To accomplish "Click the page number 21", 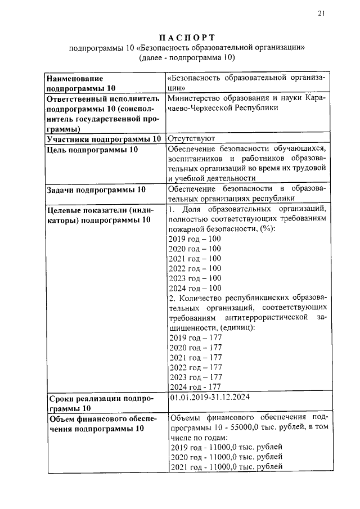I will (x=321, y=14).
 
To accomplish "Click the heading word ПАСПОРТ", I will (x=186, y=38).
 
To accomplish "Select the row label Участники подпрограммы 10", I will (x=104, y=138).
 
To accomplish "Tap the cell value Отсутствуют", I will (x=191, y=138).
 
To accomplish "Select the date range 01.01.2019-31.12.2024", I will (x=209, y=398).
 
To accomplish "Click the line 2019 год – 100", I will (x=195, y=238).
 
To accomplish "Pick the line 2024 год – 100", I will (x=195, y=288).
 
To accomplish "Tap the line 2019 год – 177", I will (x=195, y=337).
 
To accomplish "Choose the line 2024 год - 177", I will (x=195, y=387).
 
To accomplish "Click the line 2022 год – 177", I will (x=195, y=367).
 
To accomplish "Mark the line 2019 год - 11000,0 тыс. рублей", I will (x=225, y=447).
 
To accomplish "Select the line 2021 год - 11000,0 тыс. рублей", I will (x=225, y=467).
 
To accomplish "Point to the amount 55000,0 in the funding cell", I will (x=240, y=427).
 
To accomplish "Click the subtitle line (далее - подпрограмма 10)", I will (x=186, y=57).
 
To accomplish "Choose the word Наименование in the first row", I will (x=75, y=78).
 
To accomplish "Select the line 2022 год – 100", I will (x=195, y=268).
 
